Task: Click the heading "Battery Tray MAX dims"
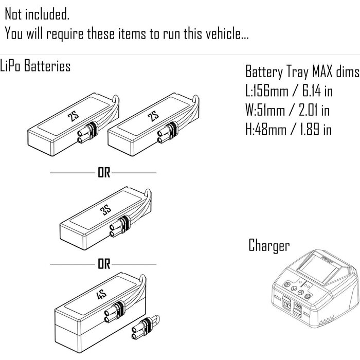[x=300, y=71]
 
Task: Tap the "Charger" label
[x=268, y=245]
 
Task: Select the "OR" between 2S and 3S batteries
[x=104, y=173]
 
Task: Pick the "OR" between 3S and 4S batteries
[x=104, y=265]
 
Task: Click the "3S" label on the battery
[x=105, y=211]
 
